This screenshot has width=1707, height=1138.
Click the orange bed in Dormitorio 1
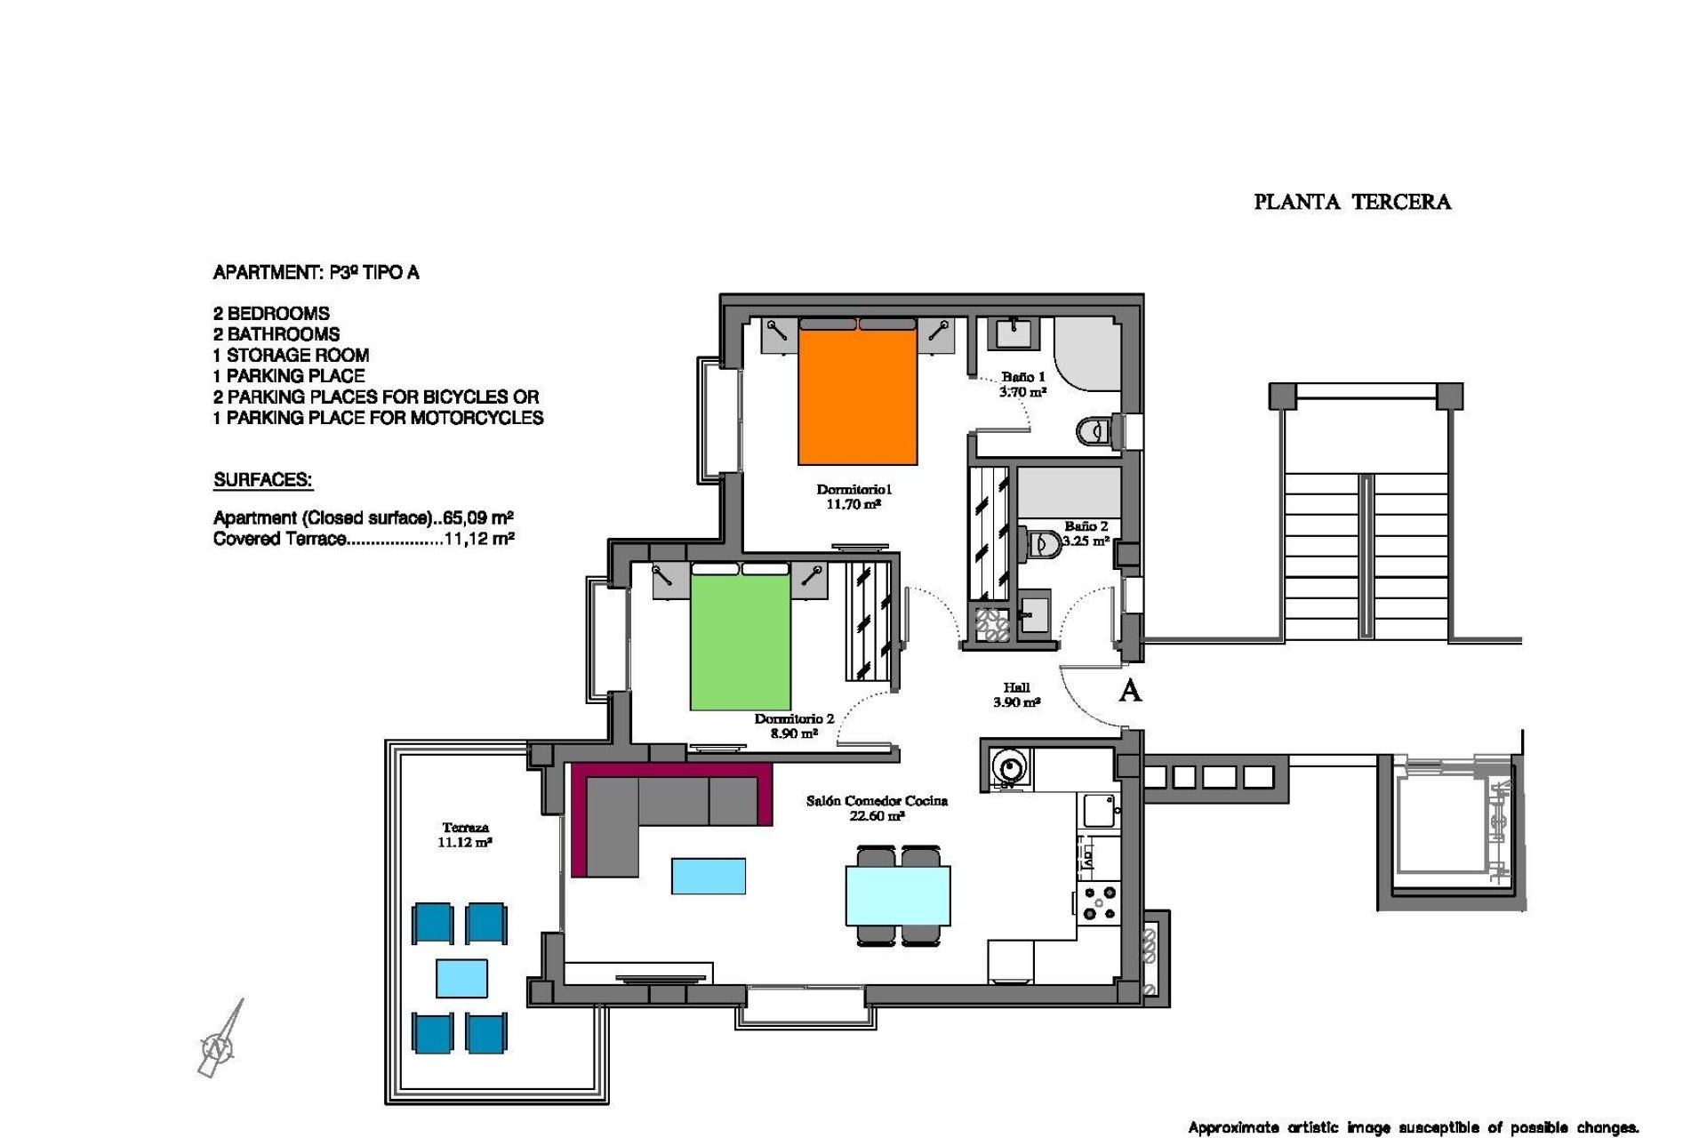[857, 396]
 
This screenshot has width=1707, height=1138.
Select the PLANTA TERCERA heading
[1351, 203]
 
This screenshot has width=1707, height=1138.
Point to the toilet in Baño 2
[1044, 543]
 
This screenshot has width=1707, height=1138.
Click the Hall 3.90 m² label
[1016, 694]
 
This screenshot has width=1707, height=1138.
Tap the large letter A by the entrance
[1129, 691]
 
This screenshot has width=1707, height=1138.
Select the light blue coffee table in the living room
[708, 876]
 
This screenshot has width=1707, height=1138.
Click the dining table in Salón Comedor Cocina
[898, 895]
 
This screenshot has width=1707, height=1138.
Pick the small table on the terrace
[461, 978]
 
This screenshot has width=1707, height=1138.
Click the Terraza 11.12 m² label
[464, 835]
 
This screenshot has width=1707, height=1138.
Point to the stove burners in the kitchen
[1100, 902]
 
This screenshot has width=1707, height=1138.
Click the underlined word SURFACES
[262, 480]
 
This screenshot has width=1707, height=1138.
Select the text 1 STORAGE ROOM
[291, 355]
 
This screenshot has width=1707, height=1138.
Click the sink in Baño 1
[1012, 334]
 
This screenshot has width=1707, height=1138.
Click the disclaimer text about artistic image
[1413, 1127]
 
